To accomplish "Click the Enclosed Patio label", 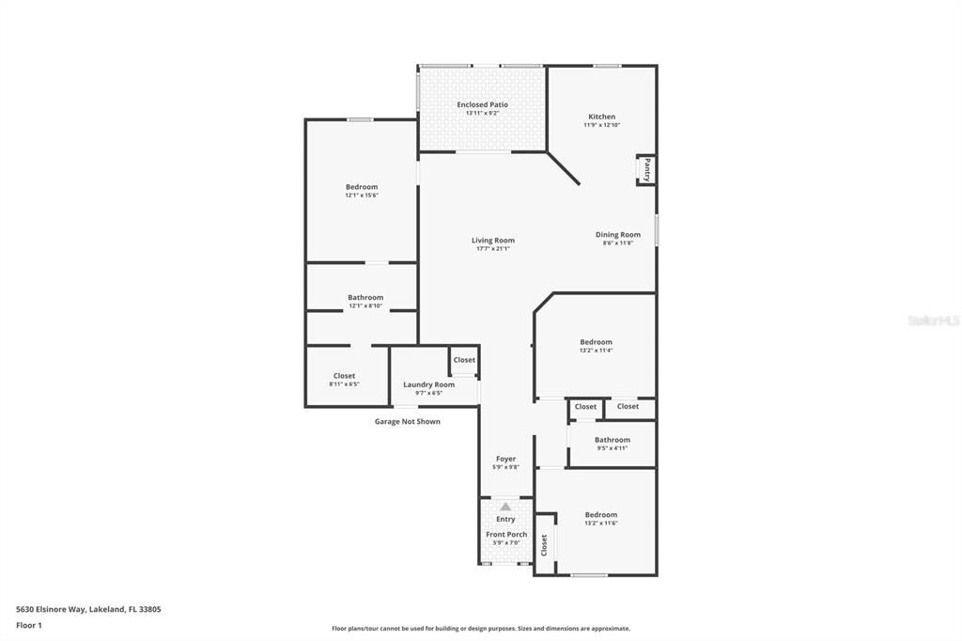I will (482, 104).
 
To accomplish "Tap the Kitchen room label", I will (601, 117).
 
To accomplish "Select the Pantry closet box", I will (646, 170).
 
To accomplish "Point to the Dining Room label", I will (617, 235).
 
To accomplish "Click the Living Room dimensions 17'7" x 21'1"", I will (493, 248).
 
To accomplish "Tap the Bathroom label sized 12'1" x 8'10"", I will (365, 298).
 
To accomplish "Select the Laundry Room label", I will (428, 384).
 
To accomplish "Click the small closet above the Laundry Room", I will (464, 360).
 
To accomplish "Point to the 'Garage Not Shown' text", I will (407, 422).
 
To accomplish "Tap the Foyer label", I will (505, 460).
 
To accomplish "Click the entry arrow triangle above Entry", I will (505, 507).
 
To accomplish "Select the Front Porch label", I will (506, 535).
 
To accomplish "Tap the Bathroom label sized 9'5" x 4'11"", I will (612, 440).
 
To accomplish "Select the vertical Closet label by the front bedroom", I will (544, 545).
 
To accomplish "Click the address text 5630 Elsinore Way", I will (88, 609).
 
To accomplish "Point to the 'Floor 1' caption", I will (29, 625).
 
